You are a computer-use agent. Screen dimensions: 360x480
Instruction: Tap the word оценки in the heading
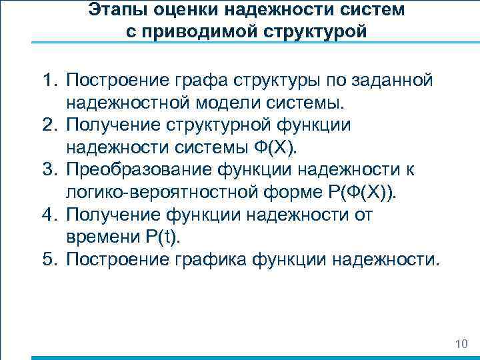173,10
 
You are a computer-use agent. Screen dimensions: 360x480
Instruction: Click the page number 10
461,344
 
